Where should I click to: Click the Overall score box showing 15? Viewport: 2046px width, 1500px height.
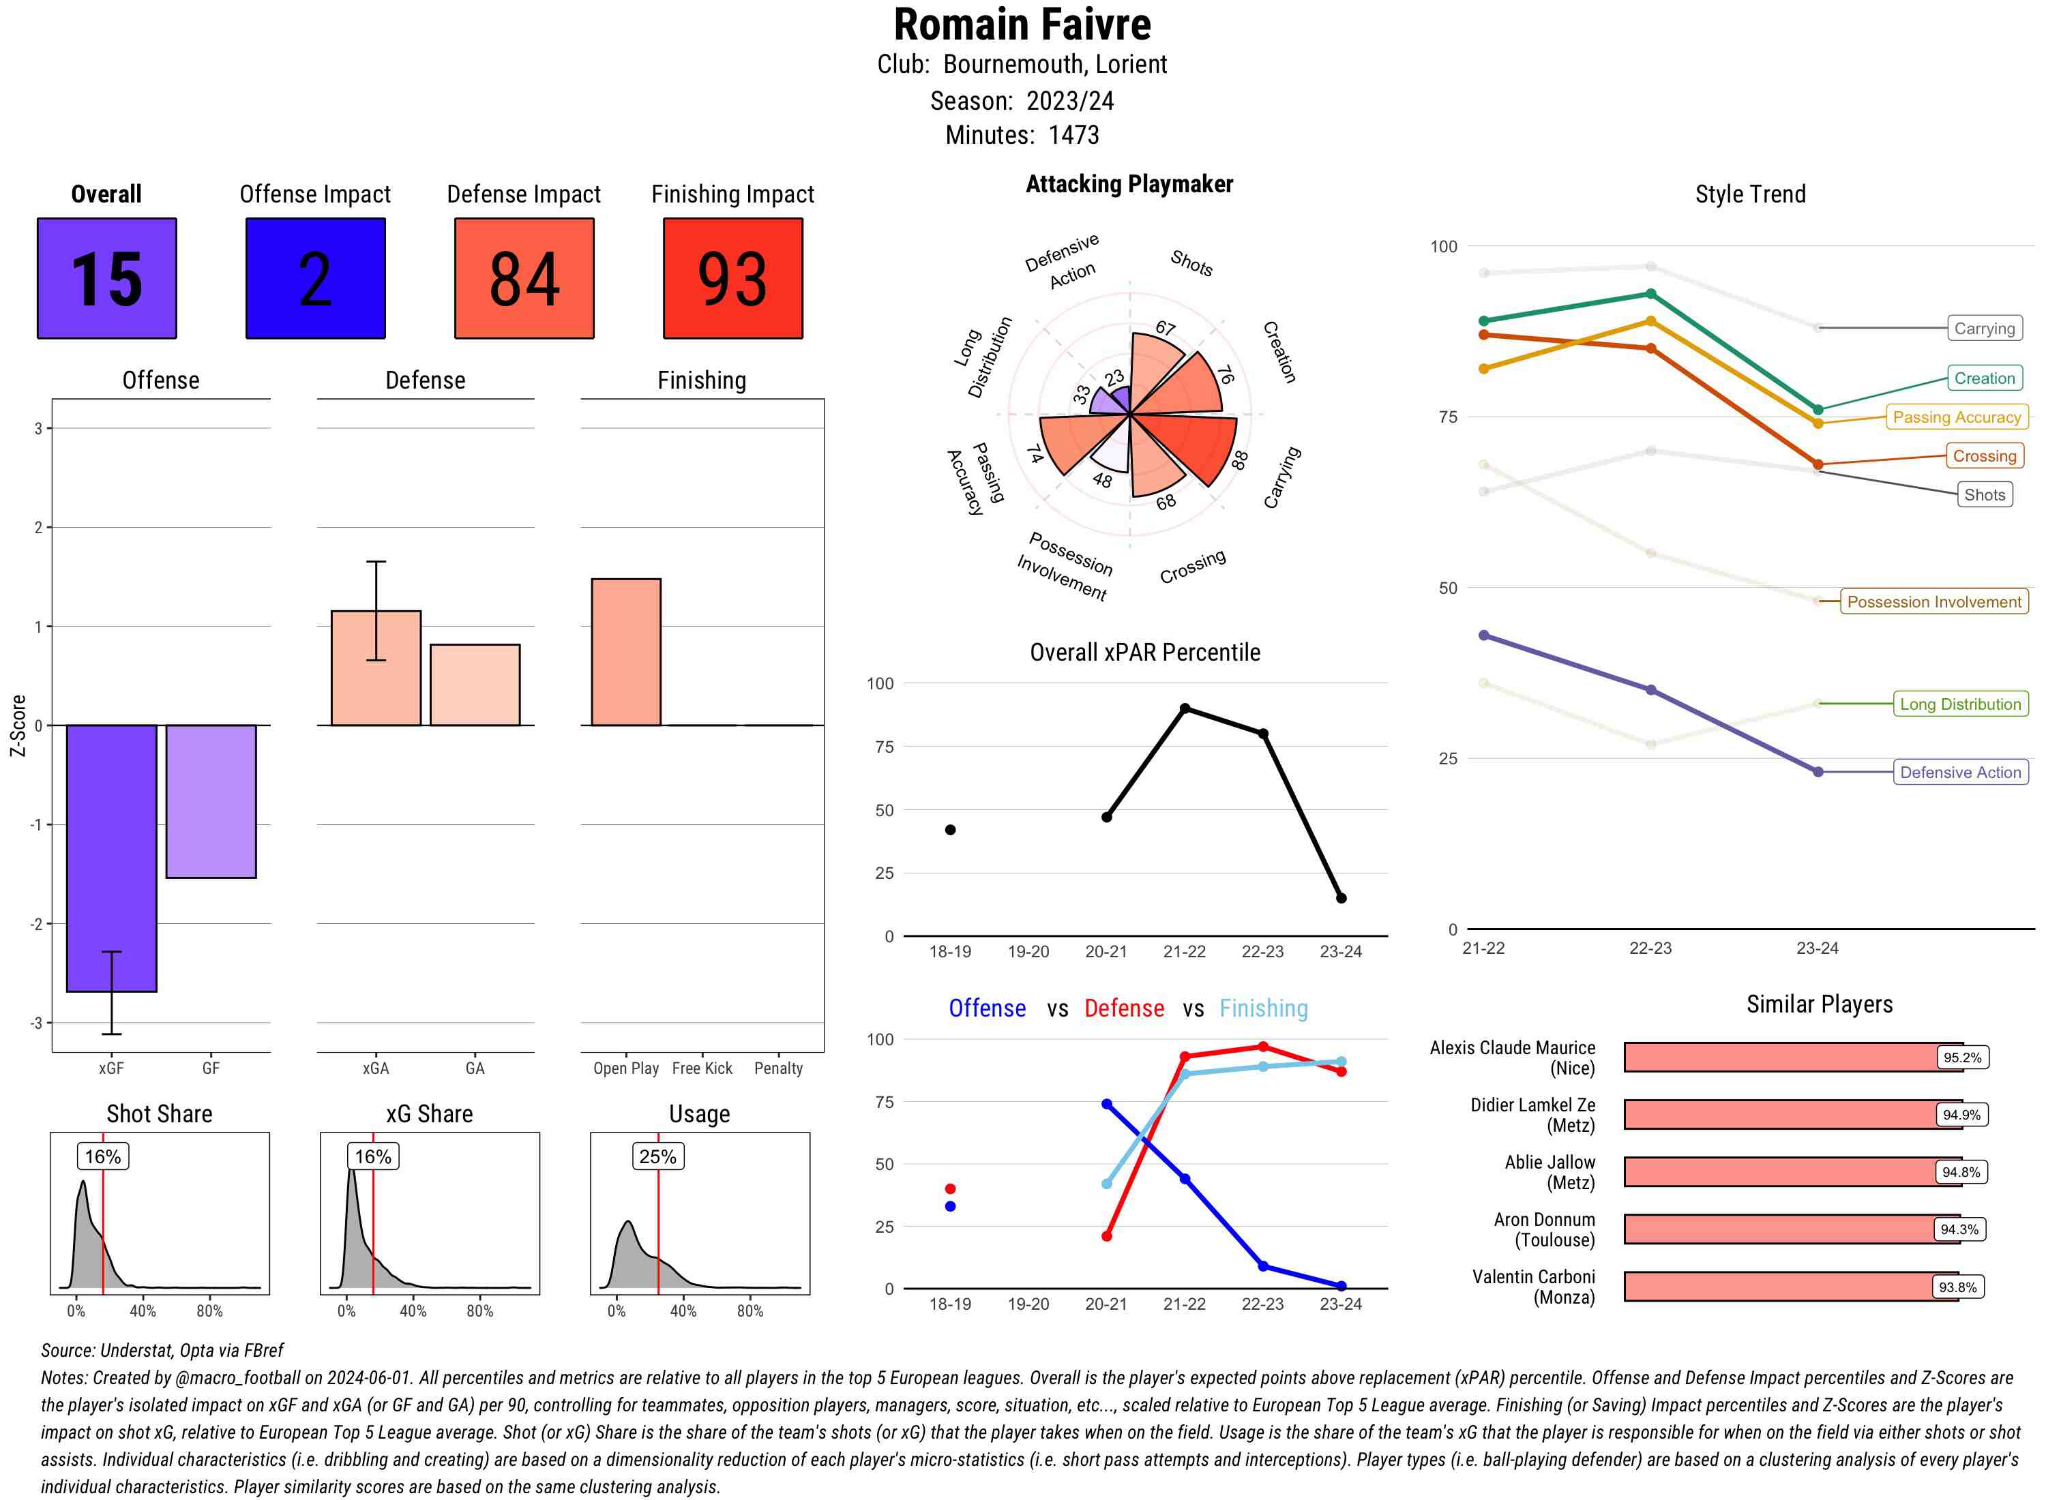(x=106, y=278)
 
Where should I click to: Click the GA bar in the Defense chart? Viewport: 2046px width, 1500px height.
(x=474, y=685)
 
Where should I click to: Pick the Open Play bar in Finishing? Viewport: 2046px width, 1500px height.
(x=625, y=651)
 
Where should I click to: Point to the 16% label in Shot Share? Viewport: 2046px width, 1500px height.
(x=102, y=1156)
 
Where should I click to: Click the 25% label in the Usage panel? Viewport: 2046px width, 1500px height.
(x=657, y=1156)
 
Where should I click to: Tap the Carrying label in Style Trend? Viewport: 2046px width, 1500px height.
(x=1983, y=328)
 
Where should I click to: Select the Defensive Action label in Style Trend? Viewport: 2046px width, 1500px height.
(x=1960, y=772)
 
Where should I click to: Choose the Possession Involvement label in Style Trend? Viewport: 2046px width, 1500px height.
(x=1933, y=601)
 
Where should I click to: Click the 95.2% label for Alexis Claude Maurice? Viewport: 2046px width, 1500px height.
(x=1961, y=1057)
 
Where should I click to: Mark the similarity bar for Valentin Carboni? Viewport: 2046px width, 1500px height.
(x=1790, y=1286)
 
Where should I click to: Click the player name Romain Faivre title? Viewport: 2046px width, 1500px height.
(x=1022, y=25)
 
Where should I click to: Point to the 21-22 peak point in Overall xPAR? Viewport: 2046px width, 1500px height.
(x=1184, y=708)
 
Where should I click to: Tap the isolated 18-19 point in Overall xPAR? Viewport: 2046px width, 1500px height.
(x=950, y=829)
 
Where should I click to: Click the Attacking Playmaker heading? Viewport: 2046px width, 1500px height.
(x=1129, y=184)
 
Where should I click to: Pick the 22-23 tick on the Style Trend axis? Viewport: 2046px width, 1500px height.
(x=1649, y=948)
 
